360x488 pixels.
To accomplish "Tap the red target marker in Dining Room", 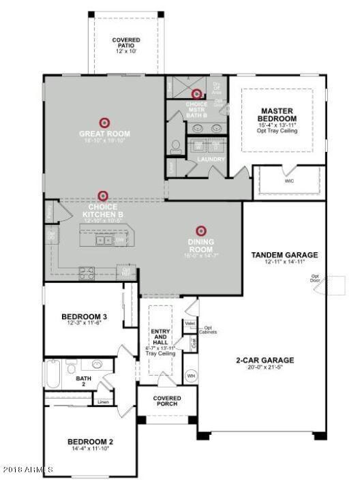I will click(200, 231).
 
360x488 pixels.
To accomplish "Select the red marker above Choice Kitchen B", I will click(102, 196).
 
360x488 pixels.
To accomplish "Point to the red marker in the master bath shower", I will click(196, 94).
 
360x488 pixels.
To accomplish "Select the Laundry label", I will click(206, 159).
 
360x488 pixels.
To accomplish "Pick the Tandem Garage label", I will click(284, 256).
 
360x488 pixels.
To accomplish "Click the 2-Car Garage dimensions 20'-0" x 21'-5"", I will click(265, 369).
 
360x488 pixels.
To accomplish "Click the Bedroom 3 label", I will click(84, 316).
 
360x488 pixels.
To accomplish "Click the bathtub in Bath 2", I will click(52, 373).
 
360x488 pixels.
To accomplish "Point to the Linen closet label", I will click(103, 401).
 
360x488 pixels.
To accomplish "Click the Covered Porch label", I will click(166, 401).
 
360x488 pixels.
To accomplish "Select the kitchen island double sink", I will click(104, 240).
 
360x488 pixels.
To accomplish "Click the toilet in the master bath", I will click(175, 145).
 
